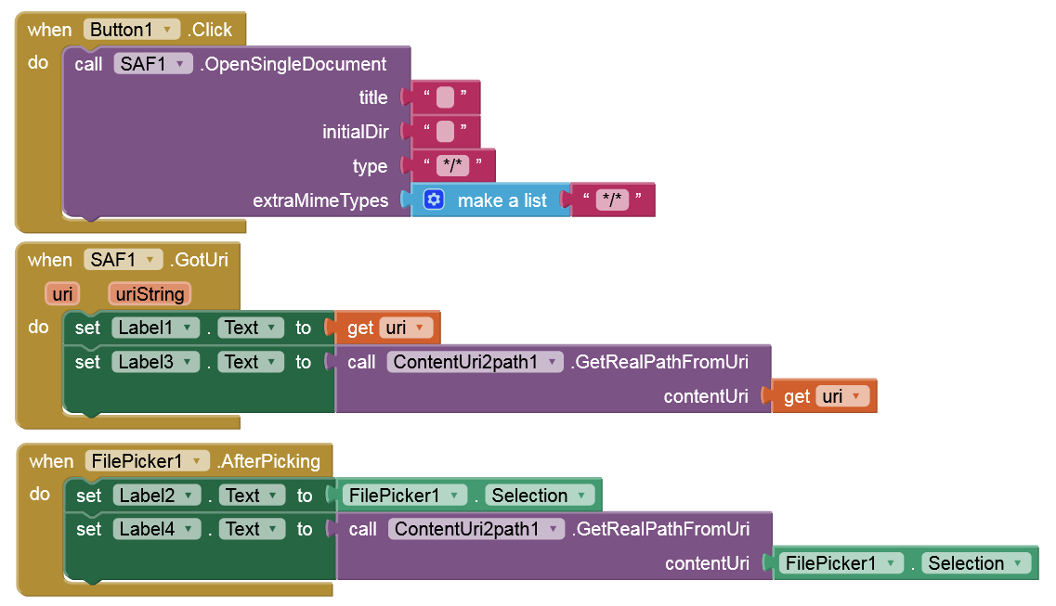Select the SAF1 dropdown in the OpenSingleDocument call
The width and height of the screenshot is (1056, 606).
coord(153,64)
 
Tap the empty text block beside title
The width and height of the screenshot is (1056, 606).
coord(445,97)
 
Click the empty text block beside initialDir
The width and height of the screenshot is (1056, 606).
coord(445,132)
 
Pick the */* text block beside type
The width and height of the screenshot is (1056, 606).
coord(452,166)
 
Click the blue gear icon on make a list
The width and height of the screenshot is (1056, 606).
coord(434,200)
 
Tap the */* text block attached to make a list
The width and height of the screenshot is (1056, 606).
coord(612,200)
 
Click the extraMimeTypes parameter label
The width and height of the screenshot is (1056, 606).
coord(320,200)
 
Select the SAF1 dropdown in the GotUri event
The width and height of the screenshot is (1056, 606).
coord(124,260)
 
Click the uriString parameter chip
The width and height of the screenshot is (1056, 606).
coord(150,294)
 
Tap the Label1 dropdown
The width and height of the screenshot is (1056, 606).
coord(155,328)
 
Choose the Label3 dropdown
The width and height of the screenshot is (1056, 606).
coord(155,362)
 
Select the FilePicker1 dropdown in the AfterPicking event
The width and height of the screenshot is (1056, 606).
coord(147,461)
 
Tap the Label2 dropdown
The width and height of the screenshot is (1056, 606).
coord(156,496)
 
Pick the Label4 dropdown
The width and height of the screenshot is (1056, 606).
coord(156,529)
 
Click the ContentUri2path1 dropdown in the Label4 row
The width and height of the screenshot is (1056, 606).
coord(476,529)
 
